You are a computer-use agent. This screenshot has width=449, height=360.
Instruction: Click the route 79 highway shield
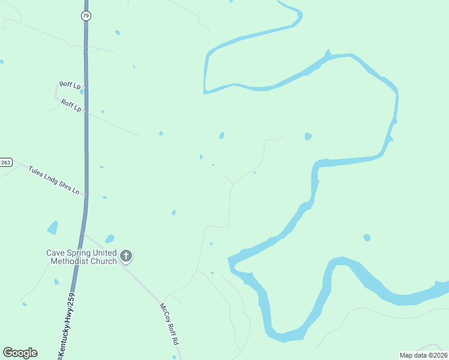click(86, 16)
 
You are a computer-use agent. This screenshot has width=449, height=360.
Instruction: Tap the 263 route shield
click(5, 162)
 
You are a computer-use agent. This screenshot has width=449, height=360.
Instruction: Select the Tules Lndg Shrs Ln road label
click(54, 179)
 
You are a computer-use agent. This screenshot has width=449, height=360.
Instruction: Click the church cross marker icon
click(126, 257)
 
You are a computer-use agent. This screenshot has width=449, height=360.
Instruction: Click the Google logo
click(20, 353)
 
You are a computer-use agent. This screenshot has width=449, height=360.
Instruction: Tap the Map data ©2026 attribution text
click(424, 355)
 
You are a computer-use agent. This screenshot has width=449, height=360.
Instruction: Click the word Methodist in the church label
click(67, 261)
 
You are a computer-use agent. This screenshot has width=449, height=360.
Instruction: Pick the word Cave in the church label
click(56, 253)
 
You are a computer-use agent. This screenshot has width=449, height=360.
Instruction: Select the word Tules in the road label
click(37, 171)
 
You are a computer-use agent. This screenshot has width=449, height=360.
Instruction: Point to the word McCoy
click(164, 313)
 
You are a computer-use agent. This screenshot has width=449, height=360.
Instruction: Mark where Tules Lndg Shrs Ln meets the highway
click(85, 195)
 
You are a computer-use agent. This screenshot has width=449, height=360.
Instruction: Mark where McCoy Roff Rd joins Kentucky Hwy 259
click(83, 234)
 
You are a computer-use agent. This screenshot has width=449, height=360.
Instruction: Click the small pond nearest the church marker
click(109, 239)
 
